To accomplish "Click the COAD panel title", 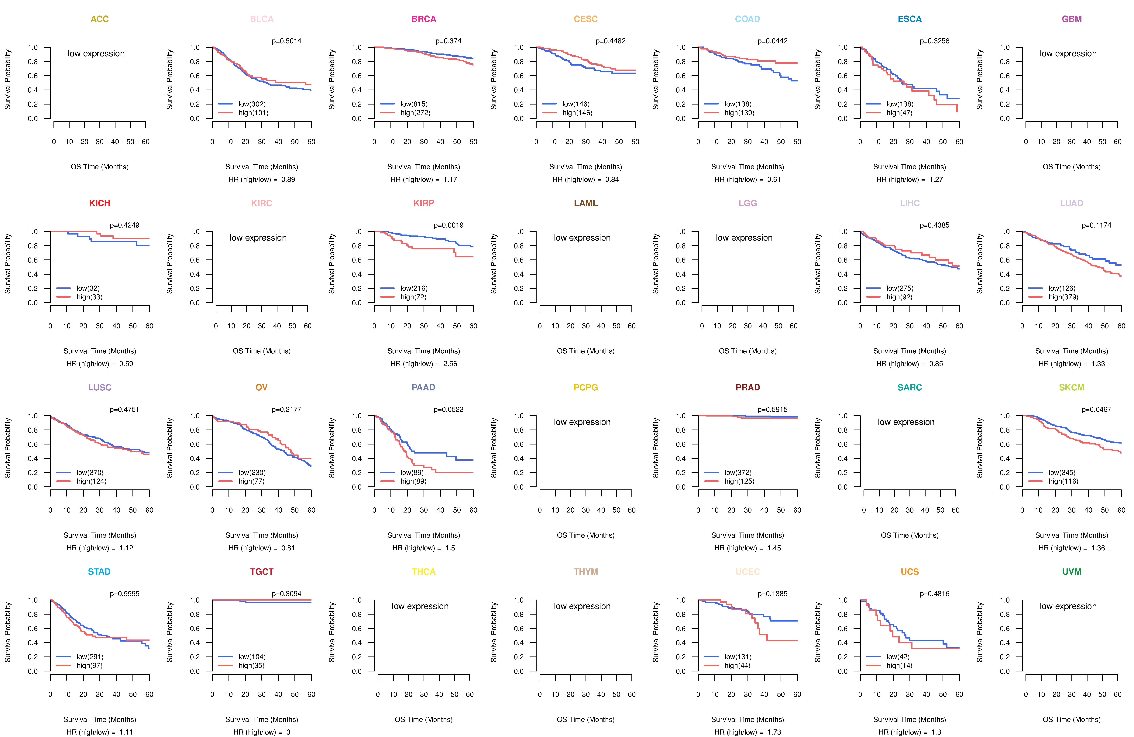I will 747,19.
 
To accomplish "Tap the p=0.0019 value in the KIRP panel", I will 448,225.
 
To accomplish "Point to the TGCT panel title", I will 262,572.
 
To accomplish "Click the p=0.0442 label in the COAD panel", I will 772,41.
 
